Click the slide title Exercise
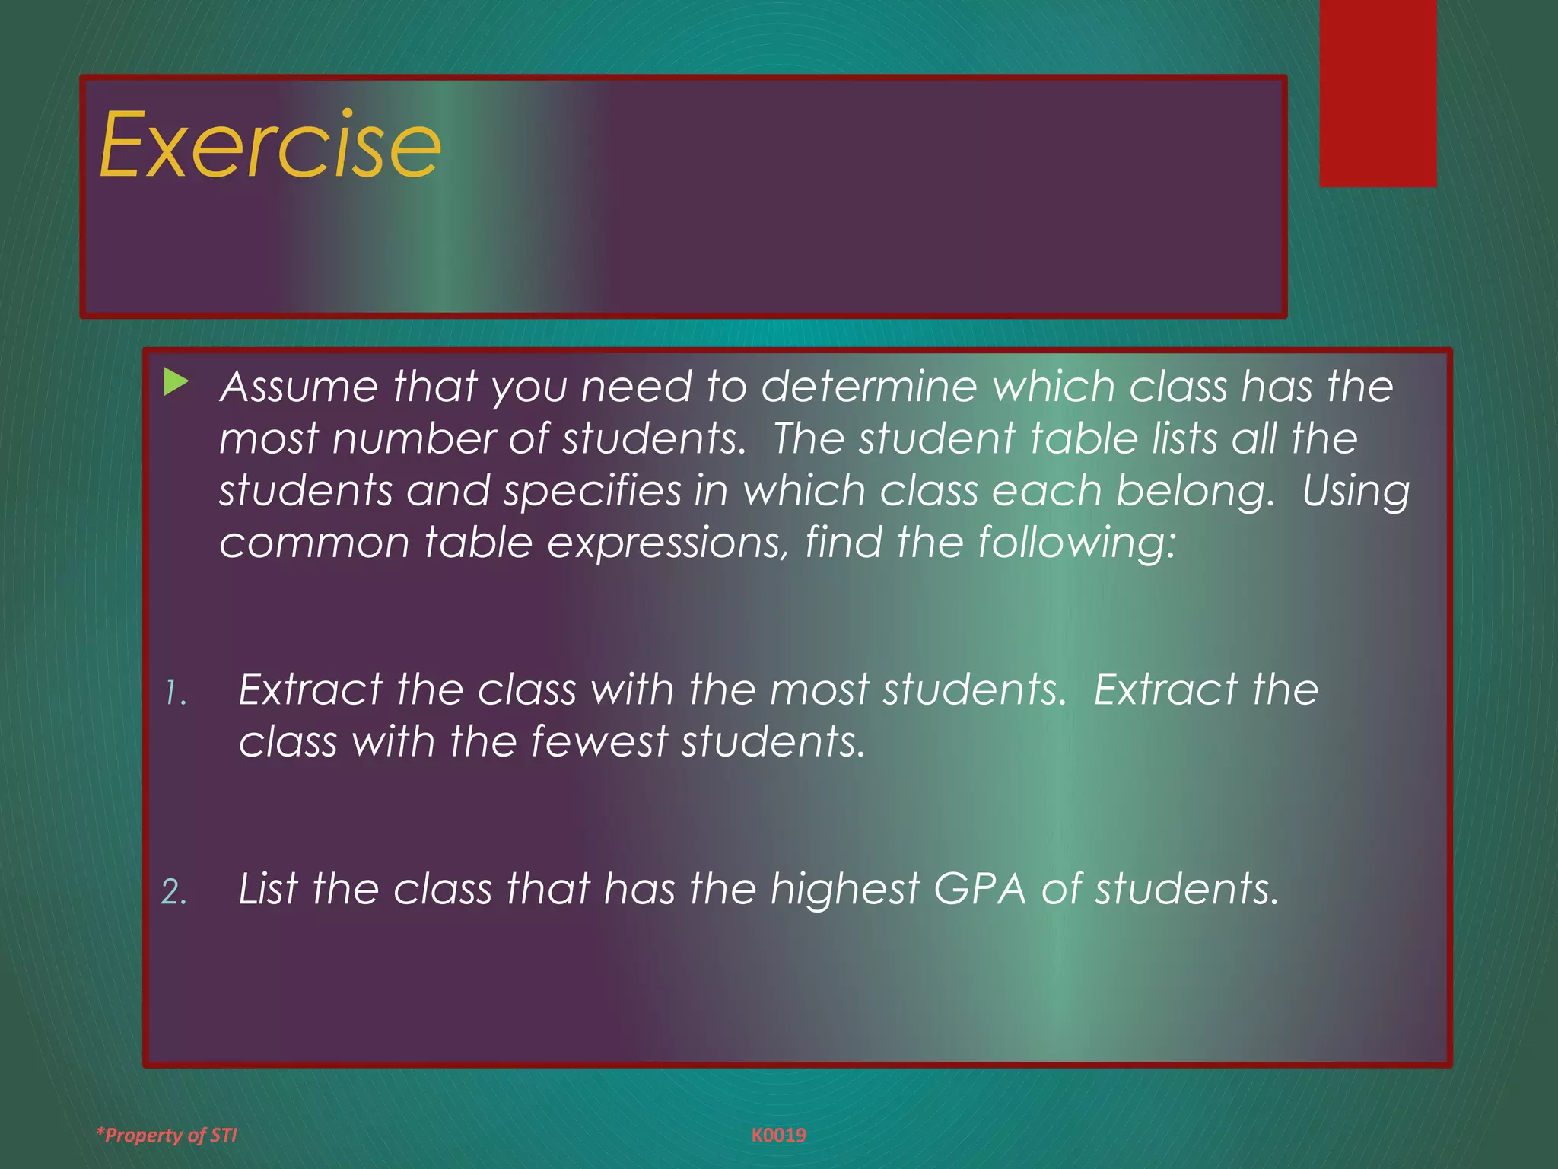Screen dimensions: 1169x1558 click(270, 145)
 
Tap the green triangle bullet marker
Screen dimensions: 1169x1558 click(176, 382)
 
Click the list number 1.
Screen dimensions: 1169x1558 click(175, 693)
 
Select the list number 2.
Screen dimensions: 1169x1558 click(174, 892)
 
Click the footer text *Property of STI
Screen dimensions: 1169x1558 click(167, 1135)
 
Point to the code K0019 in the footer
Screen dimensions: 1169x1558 click(778, 1135)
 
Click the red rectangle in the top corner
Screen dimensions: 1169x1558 click(1377, 93)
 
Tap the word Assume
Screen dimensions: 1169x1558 click(298, 387)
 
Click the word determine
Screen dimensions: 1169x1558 click(869, 387)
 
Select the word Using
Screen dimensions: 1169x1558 click(1356, 492)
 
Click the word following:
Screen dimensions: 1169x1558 click(1076, 543)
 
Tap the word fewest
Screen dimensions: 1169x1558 click(598, 741)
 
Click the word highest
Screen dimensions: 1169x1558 click(844, 889)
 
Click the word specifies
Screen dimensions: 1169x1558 click(592, 492)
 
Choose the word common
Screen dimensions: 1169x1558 click(314, 543)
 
